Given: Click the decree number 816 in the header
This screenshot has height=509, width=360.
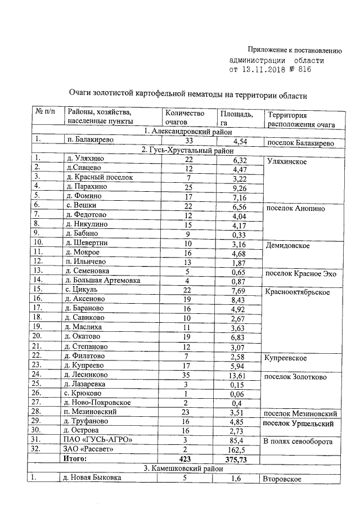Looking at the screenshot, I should point(302,70).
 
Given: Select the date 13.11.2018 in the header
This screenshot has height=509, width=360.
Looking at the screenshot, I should point(264,70).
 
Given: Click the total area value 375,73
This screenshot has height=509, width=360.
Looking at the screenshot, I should point(236,460).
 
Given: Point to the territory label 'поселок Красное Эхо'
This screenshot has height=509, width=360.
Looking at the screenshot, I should point(300,273).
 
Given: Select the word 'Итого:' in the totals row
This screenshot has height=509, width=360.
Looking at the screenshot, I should point(78,460).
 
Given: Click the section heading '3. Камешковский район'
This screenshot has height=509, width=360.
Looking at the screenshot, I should point(184,469).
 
